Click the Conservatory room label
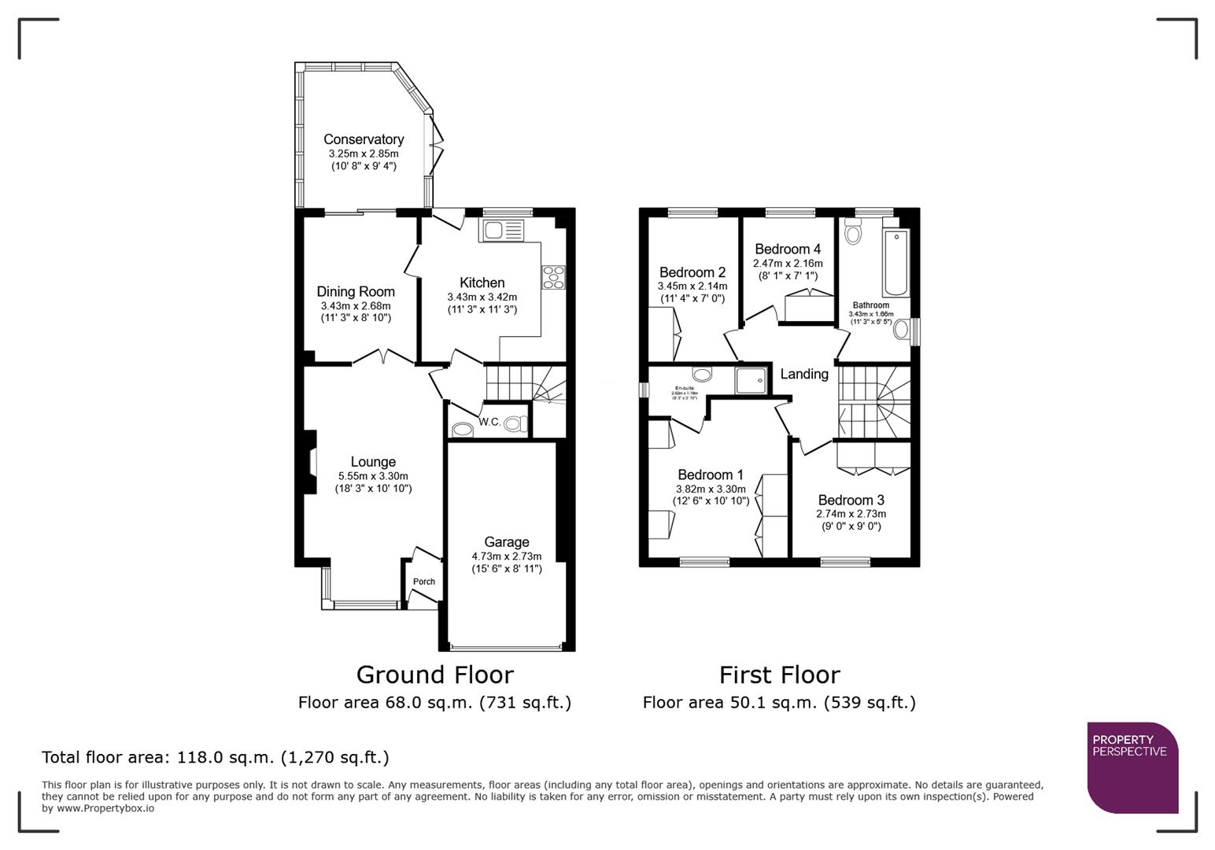(364, 139)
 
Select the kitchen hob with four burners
(553, 277)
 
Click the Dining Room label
(356, 291)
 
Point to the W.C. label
(489, 422)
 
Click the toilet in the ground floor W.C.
(514, 424)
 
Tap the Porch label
(424, 582)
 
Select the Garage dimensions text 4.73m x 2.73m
(507, 556)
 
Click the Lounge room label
(373, 462)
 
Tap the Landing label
(804, 374)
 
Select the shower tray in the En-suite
(750, 381)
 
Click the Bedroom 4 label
(788, 249)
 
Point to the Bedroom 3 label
(851, 500)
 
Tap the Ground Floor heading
(434, 674)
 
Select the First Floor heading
(779, 674)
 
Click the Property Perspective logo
(1132, 767)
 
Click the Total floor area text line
(215, 757)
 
